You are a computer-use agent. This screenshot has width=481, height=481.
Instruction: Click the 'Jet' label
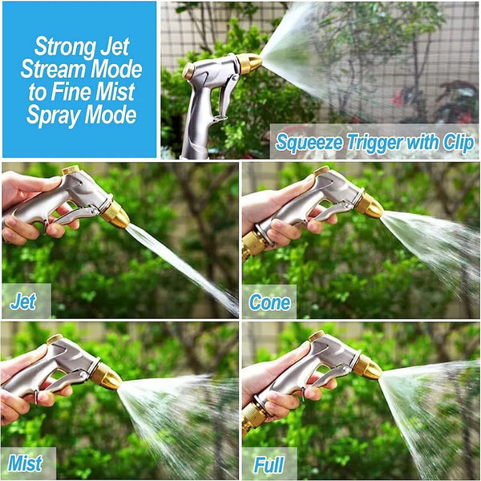[23, 302]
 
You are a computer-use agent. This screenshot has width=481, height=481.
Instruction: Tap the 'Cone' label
[269, 302]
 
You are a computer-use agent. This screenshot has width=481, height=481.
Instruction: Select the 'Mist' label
[25, 463]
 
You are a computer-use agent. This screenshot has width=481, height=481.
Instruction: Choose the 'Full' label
[269, 464]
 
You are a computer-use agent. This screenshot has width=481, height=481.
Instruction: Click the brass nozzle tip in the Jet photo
[115, 214]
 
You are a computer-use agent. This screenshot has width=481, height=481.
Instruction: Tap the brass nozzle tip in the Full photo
[368, 367]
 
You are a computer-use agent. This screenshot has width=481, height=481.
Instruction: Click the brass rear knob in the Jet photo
[71, 170]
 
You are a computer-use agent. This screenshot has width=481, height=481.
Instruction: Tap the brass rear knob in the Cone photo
[321, 170]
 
